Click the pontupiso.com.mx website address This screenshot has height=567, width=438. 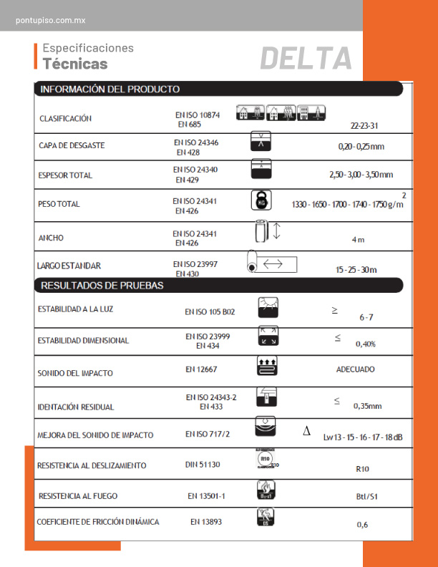coord(50,20)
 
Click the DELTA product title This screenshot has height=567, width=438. coord(306,58)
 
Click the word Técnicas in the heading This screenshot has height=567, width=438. coord(75,64)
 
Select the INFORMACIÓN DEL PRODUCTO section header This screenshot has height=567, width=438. coord(109,89)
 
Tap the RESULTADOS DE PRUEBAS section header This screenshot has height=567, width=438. coord(102,286)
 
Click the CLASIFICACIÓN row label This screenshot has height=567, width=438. coord(65,118)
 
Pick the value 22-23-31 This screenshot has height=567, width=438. coord(365,125)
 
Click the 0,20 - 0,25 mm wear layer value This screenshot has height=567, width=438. coord(361,147)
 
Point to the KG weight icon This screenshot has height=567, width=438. coord(261,202)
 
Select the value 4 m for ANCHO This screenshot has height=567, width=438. coord(358,239)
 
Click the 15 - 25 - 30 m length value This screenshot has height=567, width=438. coord(356,270)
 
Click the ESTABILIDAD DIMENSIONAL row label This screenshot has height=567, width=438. coord(83,341)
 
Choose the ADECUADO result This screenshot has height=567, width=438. coord(355,369)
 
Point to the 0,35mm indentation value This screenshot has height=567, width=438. coord(367,406)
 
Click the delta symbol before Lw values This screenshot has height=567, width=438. coord(306,432)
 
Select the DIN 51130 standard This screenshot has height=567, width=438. coord(203,465)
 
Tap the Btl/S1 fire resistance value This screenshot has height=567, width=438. coord(368,496)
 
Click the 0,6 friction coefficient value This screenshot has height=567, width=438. coord(363,525)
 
